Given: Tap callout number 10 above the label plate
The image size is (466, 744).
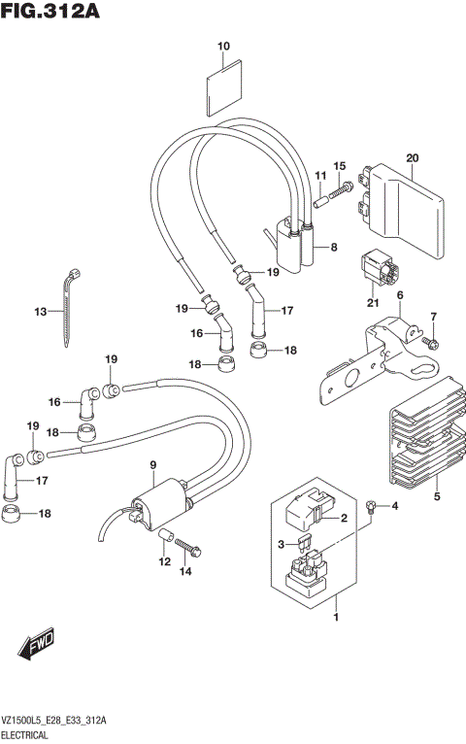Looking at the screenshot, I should pos(223,47).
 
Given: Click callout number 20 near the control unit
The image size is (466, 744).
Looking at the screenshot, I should pos(412,158).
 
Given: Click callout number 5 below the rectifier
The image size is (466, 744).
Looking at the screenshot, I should pos(437,497).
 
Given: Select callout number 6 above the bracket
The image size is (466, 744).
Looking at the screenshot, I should pos(398,295).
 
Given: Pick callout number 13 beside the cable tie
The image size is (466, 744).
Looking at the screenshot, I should pos(40,312).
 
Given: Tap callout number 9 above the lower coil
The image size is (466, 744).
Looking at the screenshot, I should pos(152,468).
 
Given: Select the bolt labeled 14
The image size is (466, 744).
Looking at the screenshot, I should pos(190,550).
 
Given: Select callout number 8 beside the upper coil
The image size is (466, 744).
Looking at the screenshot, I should pos(333,248).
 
